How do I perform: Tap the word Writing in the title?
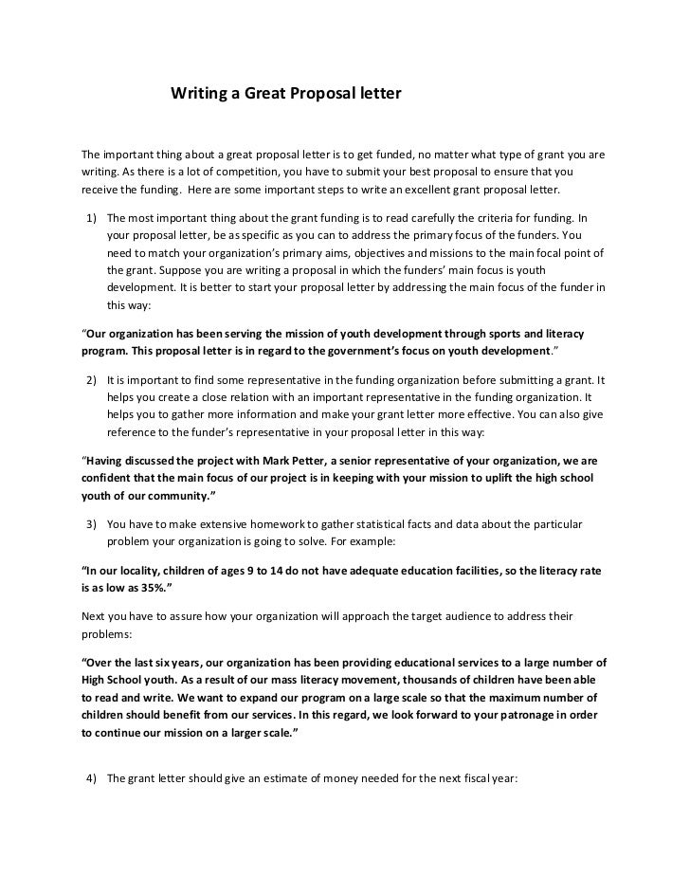tap(197, 95)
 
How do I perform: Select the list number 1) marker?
tap(92, 219)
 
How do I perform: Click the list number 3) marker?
tap(92, 523)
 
